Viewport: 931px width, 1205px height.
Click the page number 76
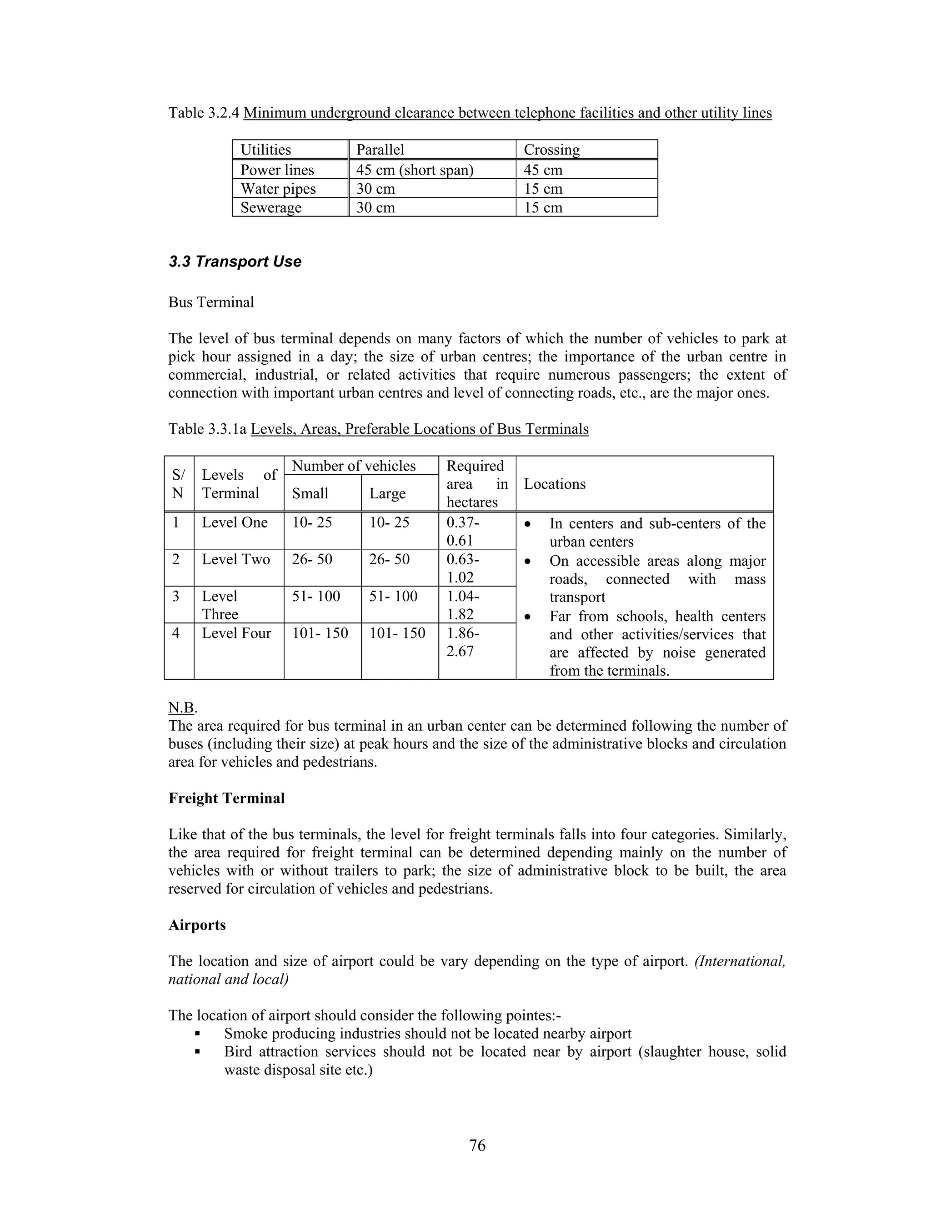tap(477, 1145)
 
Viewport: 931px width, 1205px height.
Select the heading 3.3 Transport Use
tap(235, 261)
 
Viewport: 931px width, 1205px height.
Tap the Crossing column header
tap(551, 150)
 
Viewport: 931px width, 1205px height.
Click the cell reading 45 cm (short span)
tap(415, 170)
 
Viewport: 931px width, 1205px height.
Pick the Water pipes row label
tap(278, 189)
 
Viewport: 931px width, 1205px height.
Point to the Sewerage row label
tap(271, 207)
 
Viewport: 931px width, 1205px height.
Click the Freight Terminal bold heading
tap(227, 798)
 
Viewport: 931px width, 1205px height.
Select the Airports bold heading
tap(197, 925)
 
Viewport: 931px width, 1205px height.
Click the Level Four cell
tap(236, 633)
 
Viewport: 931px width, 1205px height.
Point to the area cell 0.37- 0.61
tap(462, 531)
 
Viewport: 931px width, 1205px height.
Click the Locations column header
tap(554, 484)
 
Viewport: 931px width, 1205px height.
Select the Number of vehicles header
tap(354, 466)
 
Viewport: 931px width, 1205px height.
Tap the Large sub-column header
tap(387, 493)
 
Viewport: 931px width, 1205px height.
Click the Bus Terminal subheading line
tap(211, 302)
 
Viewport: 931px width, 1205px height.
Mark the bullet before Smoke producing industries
tap(196, 1034)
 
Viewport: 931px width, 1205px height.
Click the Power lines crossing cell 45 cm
tap(543, 170)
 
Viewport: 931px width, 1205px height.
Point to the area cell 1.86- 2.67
tap(462, 642)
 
